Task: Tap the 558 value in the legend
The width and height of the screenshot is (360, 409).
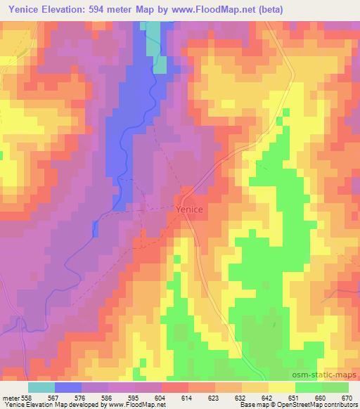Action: (27, 397)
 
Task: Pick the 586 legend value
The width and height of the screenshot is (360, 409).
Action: (106, 397)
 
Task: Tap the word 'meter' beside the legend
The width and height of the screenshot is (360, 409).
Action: (10, 397)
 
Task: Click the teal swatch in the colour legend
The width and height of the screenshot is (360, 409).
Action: (41, 387)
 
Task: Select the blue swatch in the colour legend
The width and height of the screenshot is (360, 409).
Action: (68, 387)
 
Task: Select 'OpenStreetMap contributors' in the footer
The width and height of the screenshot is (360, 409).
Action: (317, 405)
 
